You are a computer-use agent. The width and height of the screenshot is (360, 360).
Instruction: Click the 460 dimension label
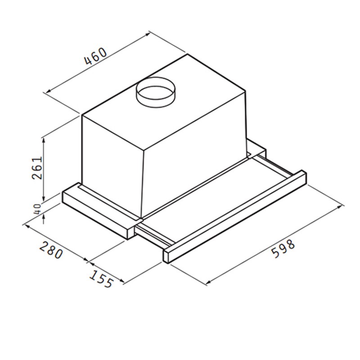click(x=95, y=56)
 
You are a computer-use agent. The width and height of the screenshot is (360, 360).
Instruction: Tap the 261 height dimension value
click(x=37, y=168)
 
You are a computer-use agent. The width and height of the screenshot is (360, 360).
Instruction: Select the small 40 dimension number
click(x=38, y=209)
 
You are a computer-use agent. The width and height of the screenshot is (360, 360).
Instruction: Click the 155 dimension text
click(x=101, y=279)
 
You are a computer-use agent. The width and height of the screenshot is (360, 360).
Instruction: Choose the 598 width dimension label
click(x=283, y=249)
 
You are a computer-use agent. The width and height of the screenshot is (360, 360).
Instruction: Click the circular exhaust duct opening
click(x=156, y=92)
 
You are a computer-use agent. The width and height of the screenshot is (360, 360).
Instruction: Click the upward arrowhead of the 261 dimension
click(x=44, y=140)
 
